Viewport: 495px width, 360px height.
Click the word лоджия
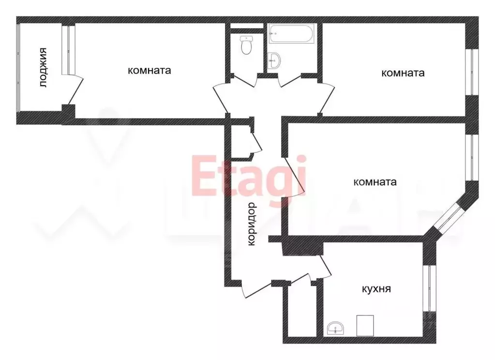pos(44,67)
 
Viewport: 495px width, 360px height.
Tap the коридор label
pos(251,225)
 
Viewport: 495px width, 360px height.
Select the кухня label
pos(376,289)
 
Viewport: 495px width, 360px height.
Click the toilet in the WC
pos(246,46)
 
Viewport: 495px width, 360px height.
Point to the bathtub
pos(292,34)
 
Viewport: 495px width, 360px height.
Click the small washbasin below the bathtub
pos(274,60)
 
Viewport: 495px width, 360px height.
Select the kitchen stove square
pos(365,325)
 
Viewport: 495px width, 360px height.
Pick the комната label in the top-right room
pos(403,73)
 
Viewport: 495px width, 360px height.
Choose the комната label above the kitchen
pos(375,182)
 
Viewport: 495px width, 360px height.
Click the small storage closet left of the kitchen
pos(300,312)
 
